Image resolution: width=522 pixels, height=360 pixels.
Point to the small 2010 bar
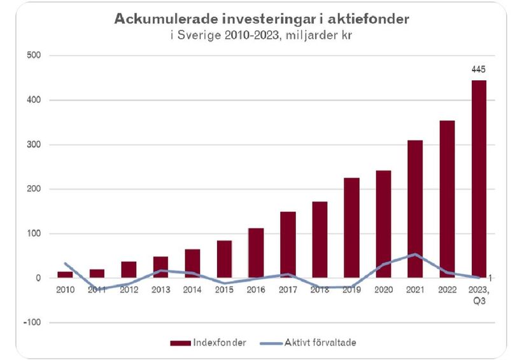point(66,274)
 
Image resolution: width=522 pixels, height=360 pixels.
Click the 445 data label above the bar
point(479,69)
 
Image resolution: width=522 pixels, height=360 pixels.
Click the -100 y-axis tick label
point(32,322)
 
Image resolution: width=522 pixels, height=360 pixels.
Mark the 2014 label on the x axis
point(192,289)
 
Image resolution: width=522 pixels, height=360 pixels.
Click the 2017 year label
point(288,289)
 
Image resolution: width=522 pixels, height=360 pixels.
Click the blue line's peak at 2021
point(415,254)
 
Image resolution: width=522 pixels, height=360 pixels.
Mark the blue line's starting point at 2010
point(66,263)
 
